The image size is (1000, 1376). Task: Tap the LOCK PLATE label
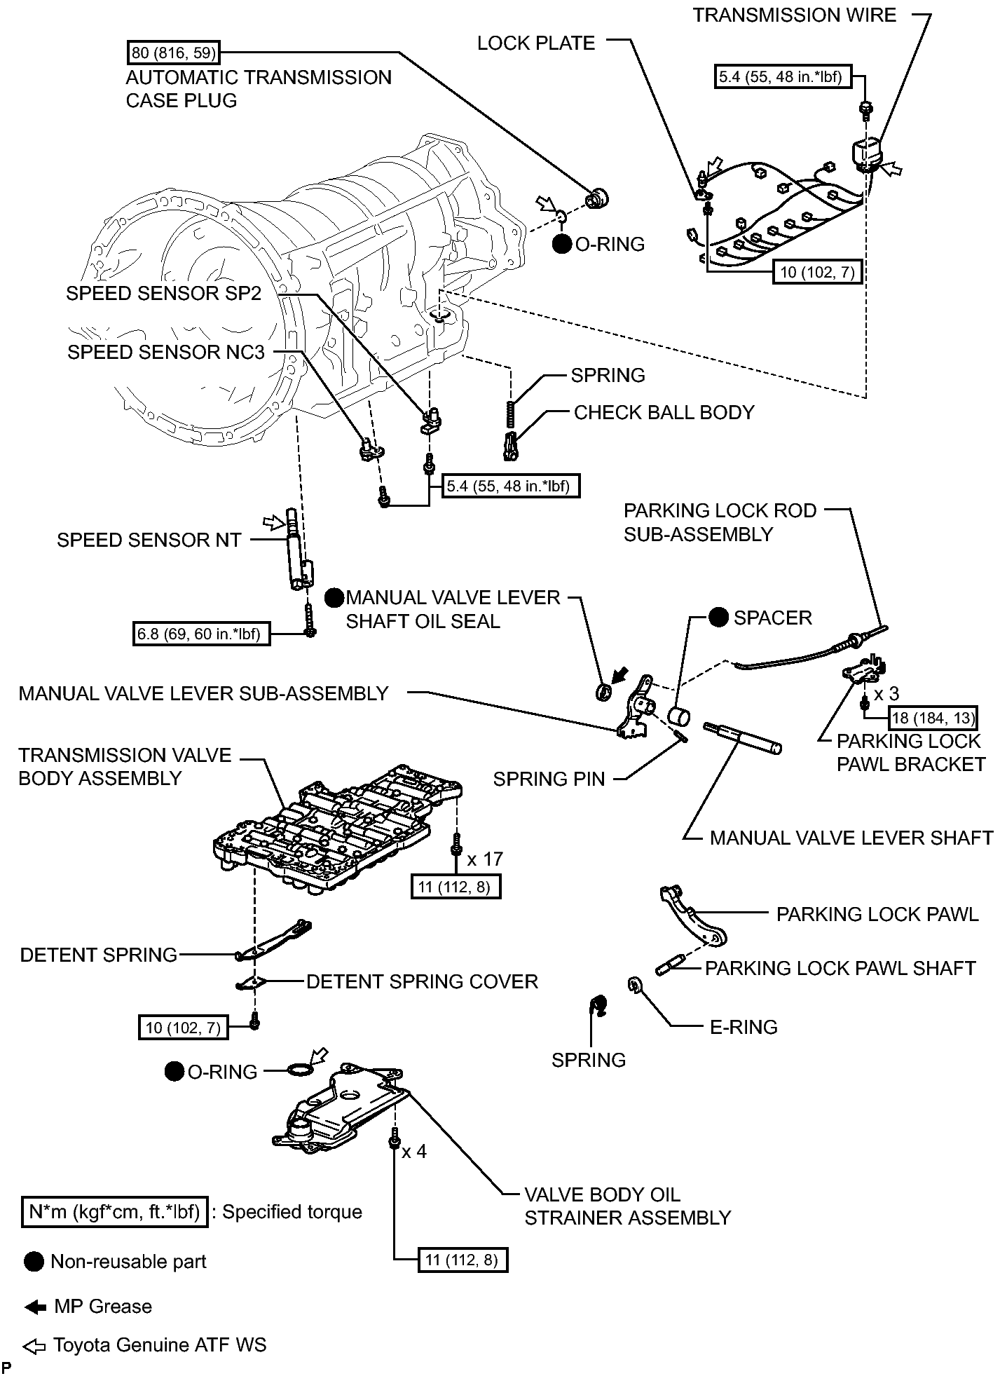(536, 43)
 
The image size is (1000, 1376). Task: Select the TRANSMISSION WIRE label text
(795, 15)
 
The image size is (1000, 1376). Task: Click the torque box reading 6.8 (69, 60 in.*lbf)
(200, 634)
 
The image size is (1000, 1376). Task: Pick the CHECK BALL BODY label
(664, 412)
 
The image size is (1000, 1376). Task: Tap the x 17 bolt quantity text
(485, 859)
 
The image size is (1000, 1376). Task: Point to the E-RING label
(744, 1027)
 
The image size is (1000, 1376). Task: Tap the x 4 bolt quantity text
(414, 1152)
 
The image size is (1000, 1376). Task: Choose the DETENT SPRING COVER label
(422, 981)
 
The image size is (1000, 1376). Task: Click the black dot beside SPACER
(718, 618)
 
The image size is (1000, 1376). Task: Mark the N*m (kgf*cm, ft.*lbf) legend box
(115, 1212)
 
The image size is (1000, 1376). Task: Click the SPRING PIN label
(549, 779)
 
